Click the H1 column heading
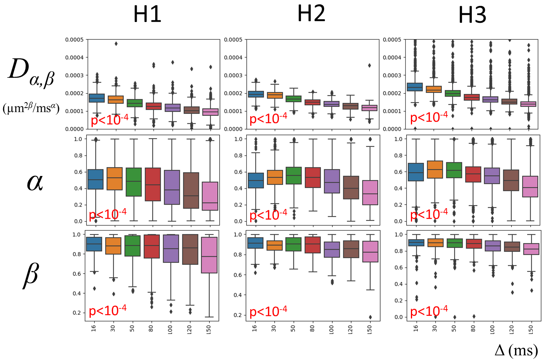click(x=147, y=15)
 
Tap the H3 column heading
click(x=472, y=15)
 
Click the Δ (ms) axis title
click(x=516, y=350)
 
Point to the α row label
click(x=35, y=182)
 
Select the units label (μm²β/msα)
click(x=31, y=108)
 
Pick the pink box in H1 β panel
click(x=209, y=255)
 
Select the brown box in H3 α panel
click(x=511, y=180)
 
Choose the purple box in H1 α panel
click(x=172, y=187)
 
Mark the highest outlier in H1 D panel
click(x=116, y=44)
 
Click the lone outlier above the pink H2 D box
click(x=369, y=66)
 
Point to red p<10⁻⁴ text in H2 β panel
click(x=268, y=312)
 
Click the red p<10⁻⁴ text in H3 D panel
click(x=429, y=117)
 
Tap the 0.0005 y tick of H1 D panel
click(x=74, y=40)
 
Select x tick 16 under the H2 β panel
click(x=255, y=328)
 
